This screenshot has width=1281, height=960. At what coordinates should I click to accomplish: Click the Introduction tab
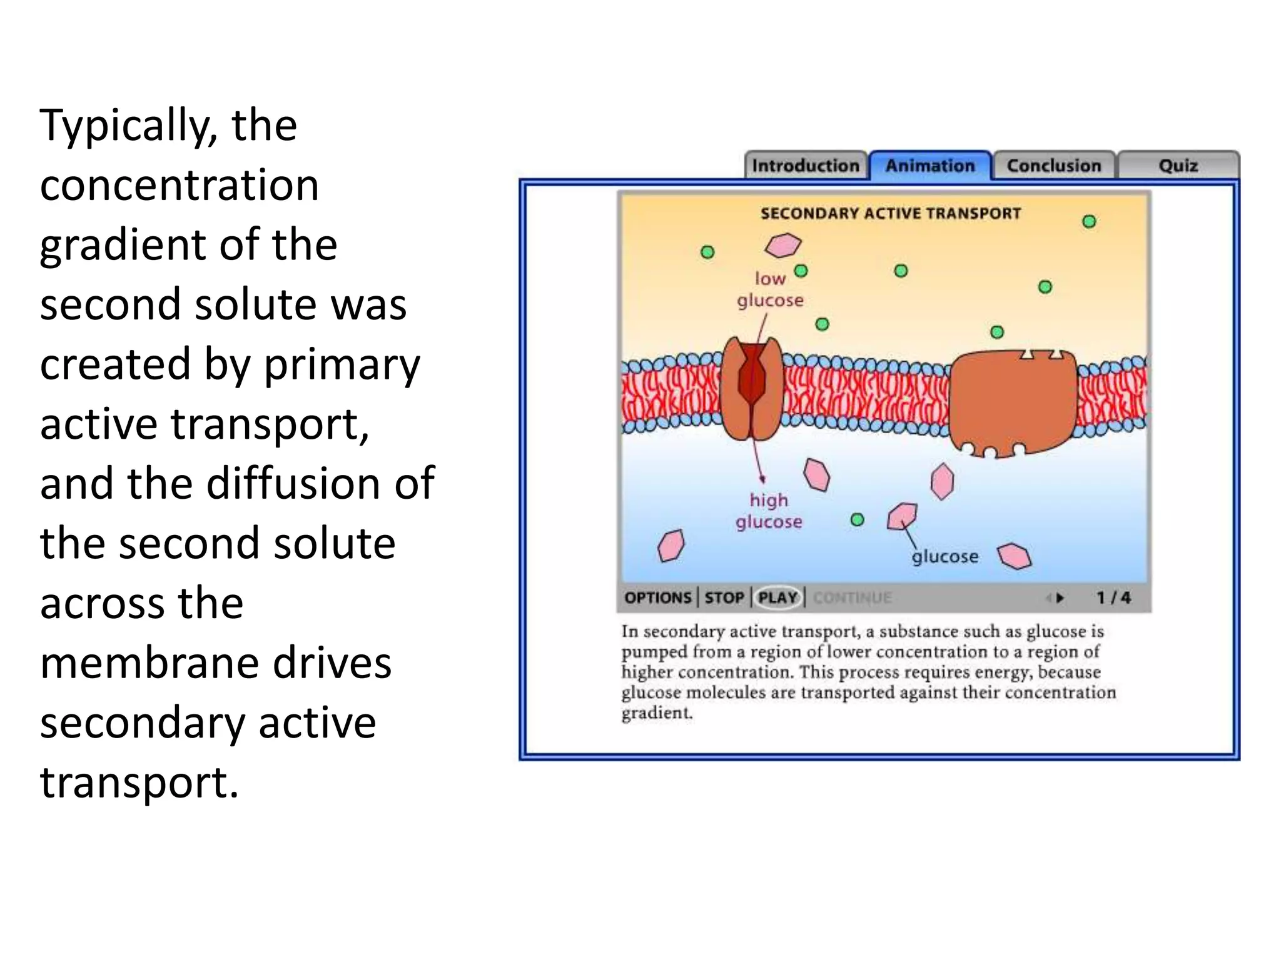click(x=805, y=166)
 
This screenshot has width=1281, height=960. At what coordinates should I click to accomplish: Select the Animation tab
click(x=929, y=166)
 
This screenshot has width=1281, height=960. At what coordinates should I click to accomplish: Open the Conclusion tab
click(x=1053, y=166)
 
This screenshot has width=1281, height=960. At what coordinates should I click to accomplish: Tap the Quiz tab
click(x=1178, y=166)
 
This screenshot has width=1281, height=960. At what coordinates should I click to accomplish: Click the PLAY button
click(x=777, y=597)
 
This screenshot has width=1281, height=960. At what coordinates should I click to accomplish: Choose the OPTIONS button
click(x=657, y=597)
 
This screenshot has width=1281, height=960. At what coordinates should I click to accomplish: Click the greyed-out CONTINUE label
click(x=852, y=597)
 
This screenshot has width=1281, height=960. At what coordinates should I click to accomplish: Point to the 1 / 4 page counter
click(x=1113, y=597)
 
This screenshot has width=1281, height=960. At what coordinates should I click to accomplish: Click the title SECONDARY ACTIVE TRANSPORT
click(x=890, y=214)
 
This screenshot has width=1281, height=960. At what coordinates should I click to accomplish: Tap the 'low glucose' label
click(x=770, y=289)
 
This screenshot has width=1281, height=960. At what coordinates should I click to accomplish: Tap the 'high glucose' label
click(x=769, y=511)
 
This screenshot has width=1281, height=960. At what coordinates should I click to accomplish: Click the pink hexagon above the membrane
click(x=782, y=245)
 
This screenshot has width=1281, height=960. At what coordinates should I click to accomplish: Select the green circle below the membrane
click(x=858, y=520)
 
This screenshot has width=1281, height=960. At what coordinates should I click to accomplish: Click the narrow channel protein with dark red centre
click(x=752, y=388)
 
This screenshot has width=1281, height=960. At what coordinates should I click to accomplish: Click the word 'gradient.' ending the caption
click(x=657, y=713)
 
